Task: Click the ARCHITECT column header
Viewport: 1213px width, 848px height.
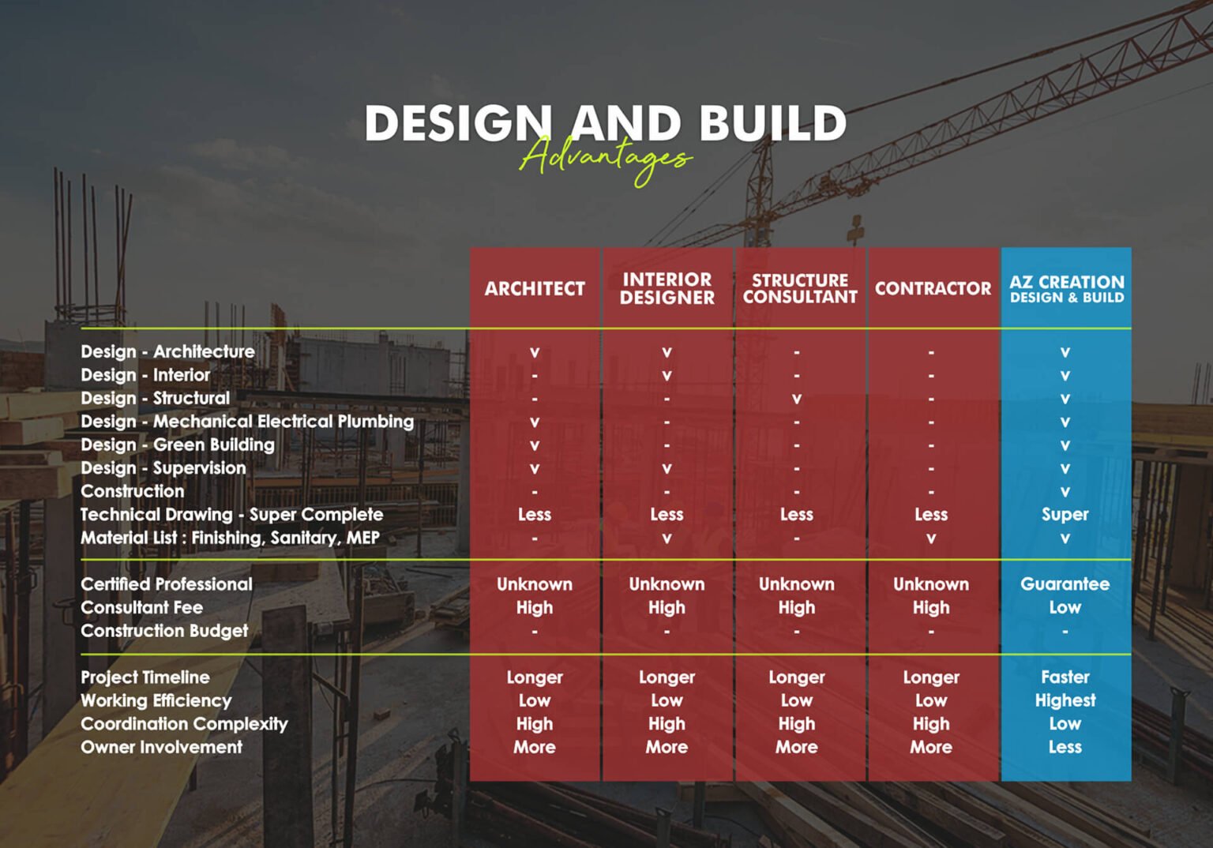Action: click(x=535, y=288)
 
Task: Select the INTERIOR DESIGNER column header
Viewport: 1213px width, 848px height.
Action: click(x=667, y=288)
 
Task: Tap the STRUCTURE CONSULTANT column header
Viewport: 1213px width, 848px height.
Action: click(x=800, y=288)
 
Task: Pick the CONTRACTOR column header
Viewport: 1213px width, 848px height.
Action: click(x=933, y=288)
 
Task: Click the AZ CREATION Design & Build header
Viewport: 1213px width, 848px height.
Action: click(x=1066, y=288)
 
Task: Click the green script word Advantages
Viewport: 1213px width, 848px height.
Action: click(x=606, y=158)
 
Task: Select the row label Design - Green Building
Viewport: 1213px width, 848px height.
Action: click(x=178, y=445)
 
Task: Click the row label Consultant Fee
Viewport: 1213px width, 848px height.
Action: click(x=142, y=607)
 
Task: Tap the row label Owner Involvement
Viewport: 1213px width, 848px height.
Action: click(x=162, y=747)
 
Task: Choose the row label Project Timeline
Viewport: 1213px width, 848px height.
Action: click(x=145, y=677)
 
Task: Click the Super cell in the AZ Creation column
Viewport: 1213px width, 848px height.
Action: click(x=1065, y=514)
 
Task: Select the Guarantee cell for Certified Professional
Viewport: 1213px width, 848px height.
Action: click(x=1065, y=583)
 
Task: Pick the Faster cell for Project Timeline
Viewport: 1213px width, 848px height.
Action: click(x=1065, y=677)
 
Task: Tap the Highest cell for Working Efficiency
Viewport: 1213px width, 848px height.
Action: click(x=1065, y=700)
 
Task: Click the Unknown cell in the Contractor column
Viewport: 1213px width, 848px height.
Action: click(x=931, y=583)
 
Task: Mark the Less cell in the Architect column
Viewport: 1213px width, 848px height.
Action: click(x=535, y=514)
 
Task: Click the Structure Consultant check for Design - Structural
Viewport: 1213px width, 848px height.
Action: click(x=797, y=399)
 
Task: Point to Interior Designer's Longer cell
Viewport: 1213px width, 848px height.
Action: click(x=667, y=677)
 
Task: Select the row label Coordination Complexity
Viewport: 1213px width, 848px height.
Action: click(x=184, y=723)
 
